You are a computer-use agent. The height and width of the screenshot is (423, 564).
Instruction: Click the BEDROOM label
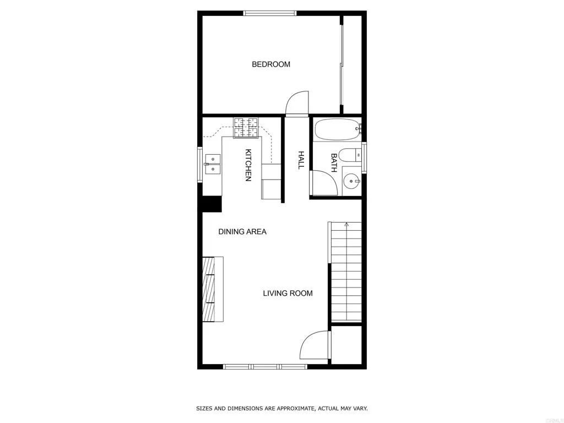click(x=271, y=64)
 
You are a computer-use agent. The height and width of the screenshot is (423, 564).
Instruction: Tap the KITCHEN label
click(x=248, y=165)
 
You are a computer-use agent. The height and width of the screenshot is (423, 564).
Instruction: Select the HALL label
click(x=301, y=160)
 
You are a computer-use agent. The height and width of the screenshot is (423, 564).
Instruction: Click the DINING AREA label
click(x=242, y=232)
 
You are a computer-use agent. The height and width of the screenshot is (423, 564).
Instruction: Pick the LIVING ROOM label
click(x=288, y=293)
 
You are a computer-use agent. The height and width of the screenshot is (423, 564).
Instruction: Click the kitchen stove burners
click(x=246, y=127)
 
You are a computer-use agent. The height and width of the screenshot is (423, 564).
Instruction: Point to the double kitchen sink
click(x=213, y=164)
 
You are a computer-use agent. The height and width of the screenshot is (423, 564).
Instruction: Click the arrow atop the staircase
click(x=346, y=224)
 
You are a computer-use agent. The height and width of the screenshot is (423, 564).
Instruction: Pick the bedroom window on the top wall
click(x=270, y=13)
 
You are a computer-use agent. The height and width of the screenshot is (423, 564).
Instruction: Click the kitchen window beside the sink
click(x=200, y=164)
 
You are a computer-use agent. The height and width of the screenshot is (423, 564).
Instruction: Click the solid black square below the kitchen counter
click(x=211, y=203)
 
